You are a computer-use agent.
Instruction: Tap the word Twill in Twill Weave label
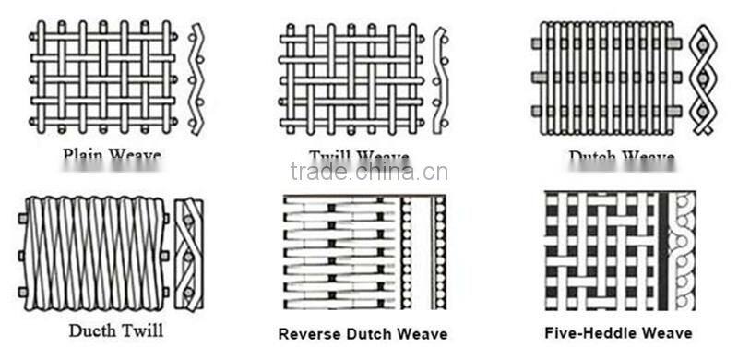pos(330,156)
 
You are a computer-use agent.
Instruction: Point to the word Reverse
pos(313,333)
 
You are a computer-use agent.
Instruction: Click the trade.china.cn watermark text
pos(369,172)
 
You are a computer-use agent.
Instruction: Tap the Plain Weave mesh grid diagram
pos(102,78)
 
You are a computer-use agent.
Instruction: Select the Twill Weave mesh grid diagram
pos(351,78)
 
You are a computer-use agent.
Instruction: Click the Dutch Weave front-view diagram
pos(604,78)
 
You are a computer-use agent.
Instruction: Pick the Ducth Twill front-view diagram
pos(93,253)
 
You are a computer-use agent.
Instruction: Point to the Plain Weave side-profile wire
pos(195,78)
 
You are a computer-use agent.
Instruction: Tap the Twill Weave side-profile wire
pos(440,78)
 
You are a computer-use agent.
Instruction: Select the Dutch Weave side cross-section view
pos(705,78)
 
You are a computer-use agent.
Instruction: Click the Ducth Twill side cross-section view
pos(189,253)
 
